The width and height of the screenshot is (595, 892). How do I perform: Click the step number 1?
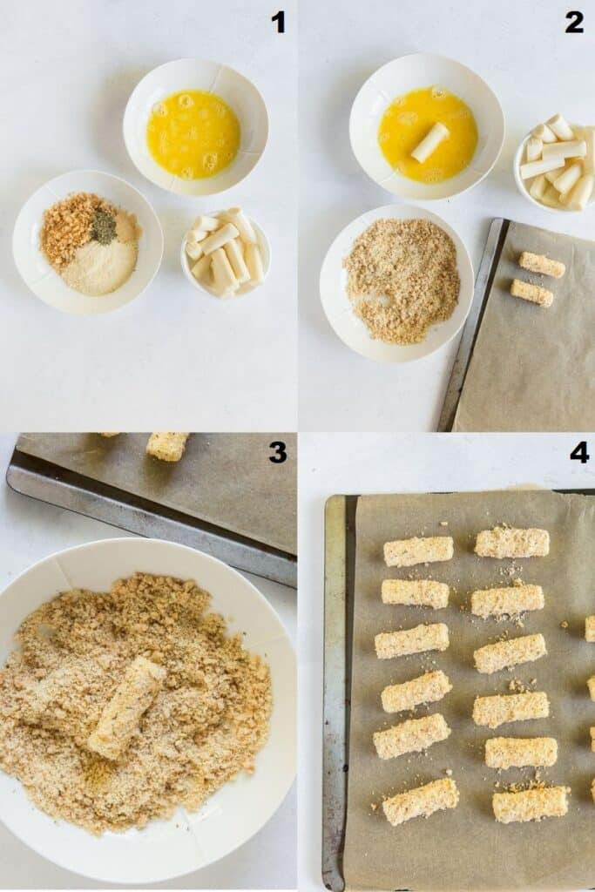pyautogui.click(x=278, y=23)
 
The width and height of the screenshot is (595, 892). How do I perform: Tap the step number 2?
pyautogui.click(x=574, y=23)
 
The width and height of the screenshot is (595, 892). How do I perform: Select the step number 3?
pyautogui.click(x=277, y=453)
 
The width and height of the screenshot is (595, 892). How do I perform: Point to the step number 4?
pyautogui.click(x=579, y=453)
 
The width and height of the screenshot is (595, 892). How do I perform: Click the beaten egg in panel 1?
pyautogui.click(x=193, y=135)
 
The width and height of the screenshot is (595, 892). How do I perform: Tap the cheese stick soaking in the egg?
pyautogui.click(x=430, y=142)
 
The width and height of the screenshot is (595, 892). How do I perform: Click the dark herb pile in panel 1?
pyautogui.click(x=104, y=227)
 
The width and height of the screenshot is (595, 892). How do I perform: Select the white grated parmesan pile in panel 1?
pyautogui.click(x=99, y=267)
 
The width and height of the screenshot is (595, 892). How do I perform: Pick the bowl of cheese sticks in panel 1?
pyautogui.click(x=226, y=253)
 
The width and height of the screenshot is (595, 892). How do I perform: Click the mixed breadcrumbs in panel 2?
pyautogui.click(x=402, y=280)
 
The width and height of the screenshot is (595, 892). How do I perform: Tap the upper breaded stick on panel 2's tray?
pyautogui.click(x=542, y=265)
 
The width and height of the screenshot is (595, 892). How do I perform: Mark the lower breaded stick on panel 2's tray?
pyautogui.click(x=532, y=293)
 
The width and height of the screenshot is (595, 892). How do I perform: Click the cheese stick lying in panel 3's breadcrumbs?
pyautogui.click(x=125, y=707)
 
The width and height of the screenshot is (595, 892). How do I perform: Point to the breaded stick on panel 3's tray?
pyautogui.click(x=167, y=446)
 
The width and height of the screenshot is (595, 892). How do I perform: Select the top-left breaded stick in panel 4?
pyautogui.click(x=418, y=551)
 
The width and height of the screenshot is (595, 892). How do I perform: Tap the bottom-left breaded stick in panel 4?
pyautogui.click(x=421, y=801)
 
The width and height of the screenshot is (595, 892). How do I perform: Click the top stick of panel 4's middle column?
pyautogui.click(x=512, y=543)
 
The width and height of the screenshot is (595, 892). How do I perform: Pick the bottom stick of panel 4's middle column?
pyautogui.click(x=531, y=804)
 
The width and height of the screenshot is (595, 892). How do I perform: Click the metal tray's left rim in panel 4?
pyautogui.click(x=335, y=690)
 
